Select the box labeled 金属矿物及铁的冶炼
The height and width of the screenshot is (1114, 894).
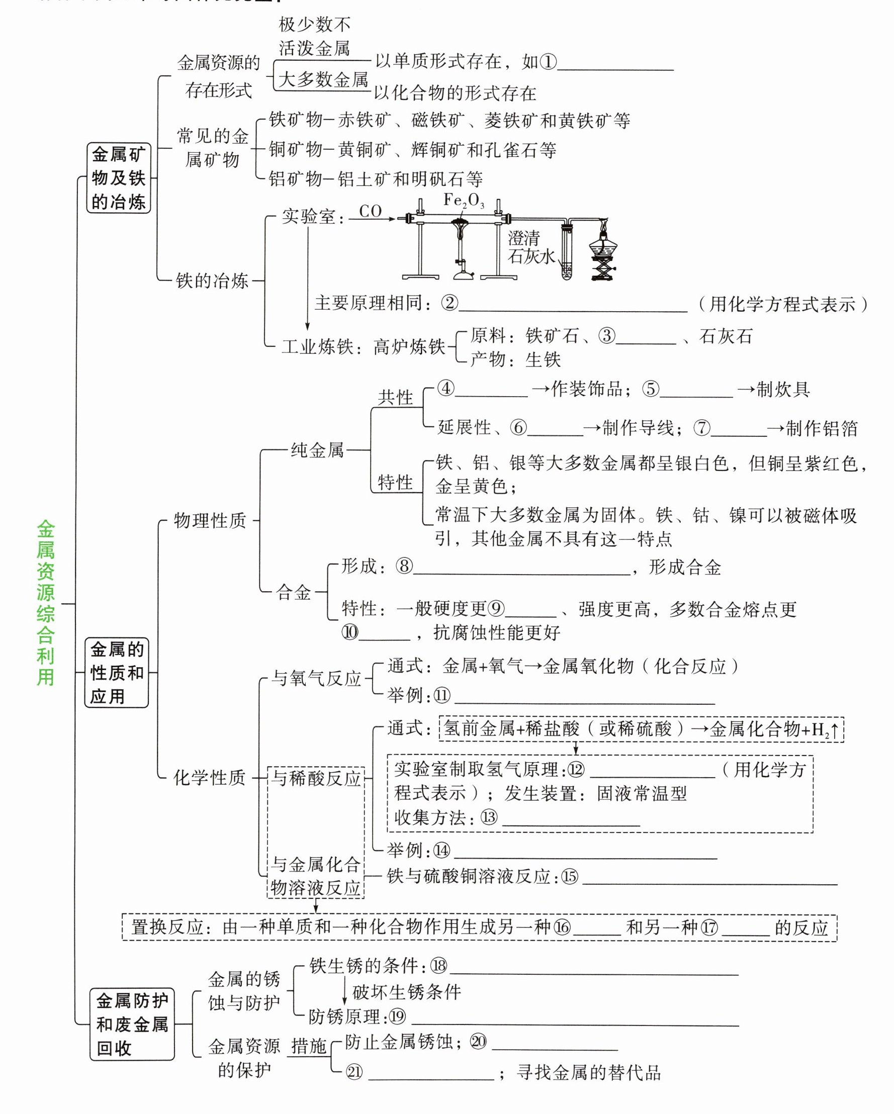(x=118, y=178)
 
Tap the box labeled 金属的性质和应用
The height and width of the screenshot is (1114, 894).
(x=116, y=672)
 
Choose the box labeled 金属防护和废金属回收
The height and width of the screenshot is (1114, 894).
(x=132, y=1025)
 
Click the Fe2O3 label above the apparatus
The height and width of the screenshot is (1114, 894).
(x=464, y=201)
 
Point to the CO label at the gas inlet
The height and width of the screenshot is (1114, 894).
(x=370, y=211)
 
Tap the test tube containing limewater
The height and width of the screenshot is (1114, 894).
(x=566, y=253)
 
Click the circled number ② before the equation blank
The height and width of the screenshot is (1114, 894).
(x=450, y=303)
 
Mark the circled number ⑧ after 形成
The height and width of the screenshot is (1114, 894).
(x=404, y=567)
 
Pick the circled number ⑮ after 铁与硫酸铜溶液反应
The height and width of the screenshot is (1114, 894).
(x=570, y=876)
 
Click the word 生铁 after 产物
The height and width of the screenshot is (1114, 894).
(x=543, y=359)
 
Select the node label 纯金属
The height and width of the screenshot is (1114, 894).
(x=317, y=450)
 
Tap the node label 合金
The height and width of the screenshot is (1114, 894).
(x=294, y=592)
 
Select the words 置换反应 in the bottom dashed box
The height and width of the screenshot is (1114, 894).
(x=166, y=927)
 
